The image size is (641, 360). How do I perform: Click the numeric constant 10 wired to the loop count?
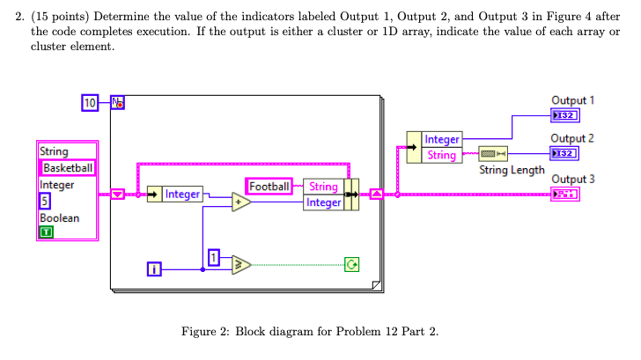tap(89, 102)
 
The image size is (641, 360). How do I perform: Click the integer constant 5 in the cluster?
tap(44, 202)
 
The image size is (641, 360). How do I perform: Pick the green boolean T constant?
tap(44, 232)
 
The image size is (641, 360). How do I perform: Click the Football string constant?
tap(269, 187)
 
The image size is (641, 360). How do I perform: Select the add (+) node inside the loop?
tap(241, 202)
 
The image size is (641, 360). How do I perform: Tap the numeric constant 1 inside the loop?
tap(213, 256)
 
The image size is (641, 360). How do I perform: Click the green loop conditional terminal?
tap(353, 263)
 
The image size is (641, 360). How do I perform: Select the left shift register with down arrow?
tap(117, 194)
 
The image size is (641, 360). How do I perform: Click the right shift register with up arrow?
tap(375, 194)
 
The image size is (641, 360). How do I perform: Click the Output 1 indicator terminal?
tap(564, 116)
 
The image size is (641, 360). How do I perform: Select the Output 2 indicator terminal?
tap(564, 154)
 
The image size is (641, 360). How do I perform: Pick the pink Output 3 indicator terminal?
tap(564, 194)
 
